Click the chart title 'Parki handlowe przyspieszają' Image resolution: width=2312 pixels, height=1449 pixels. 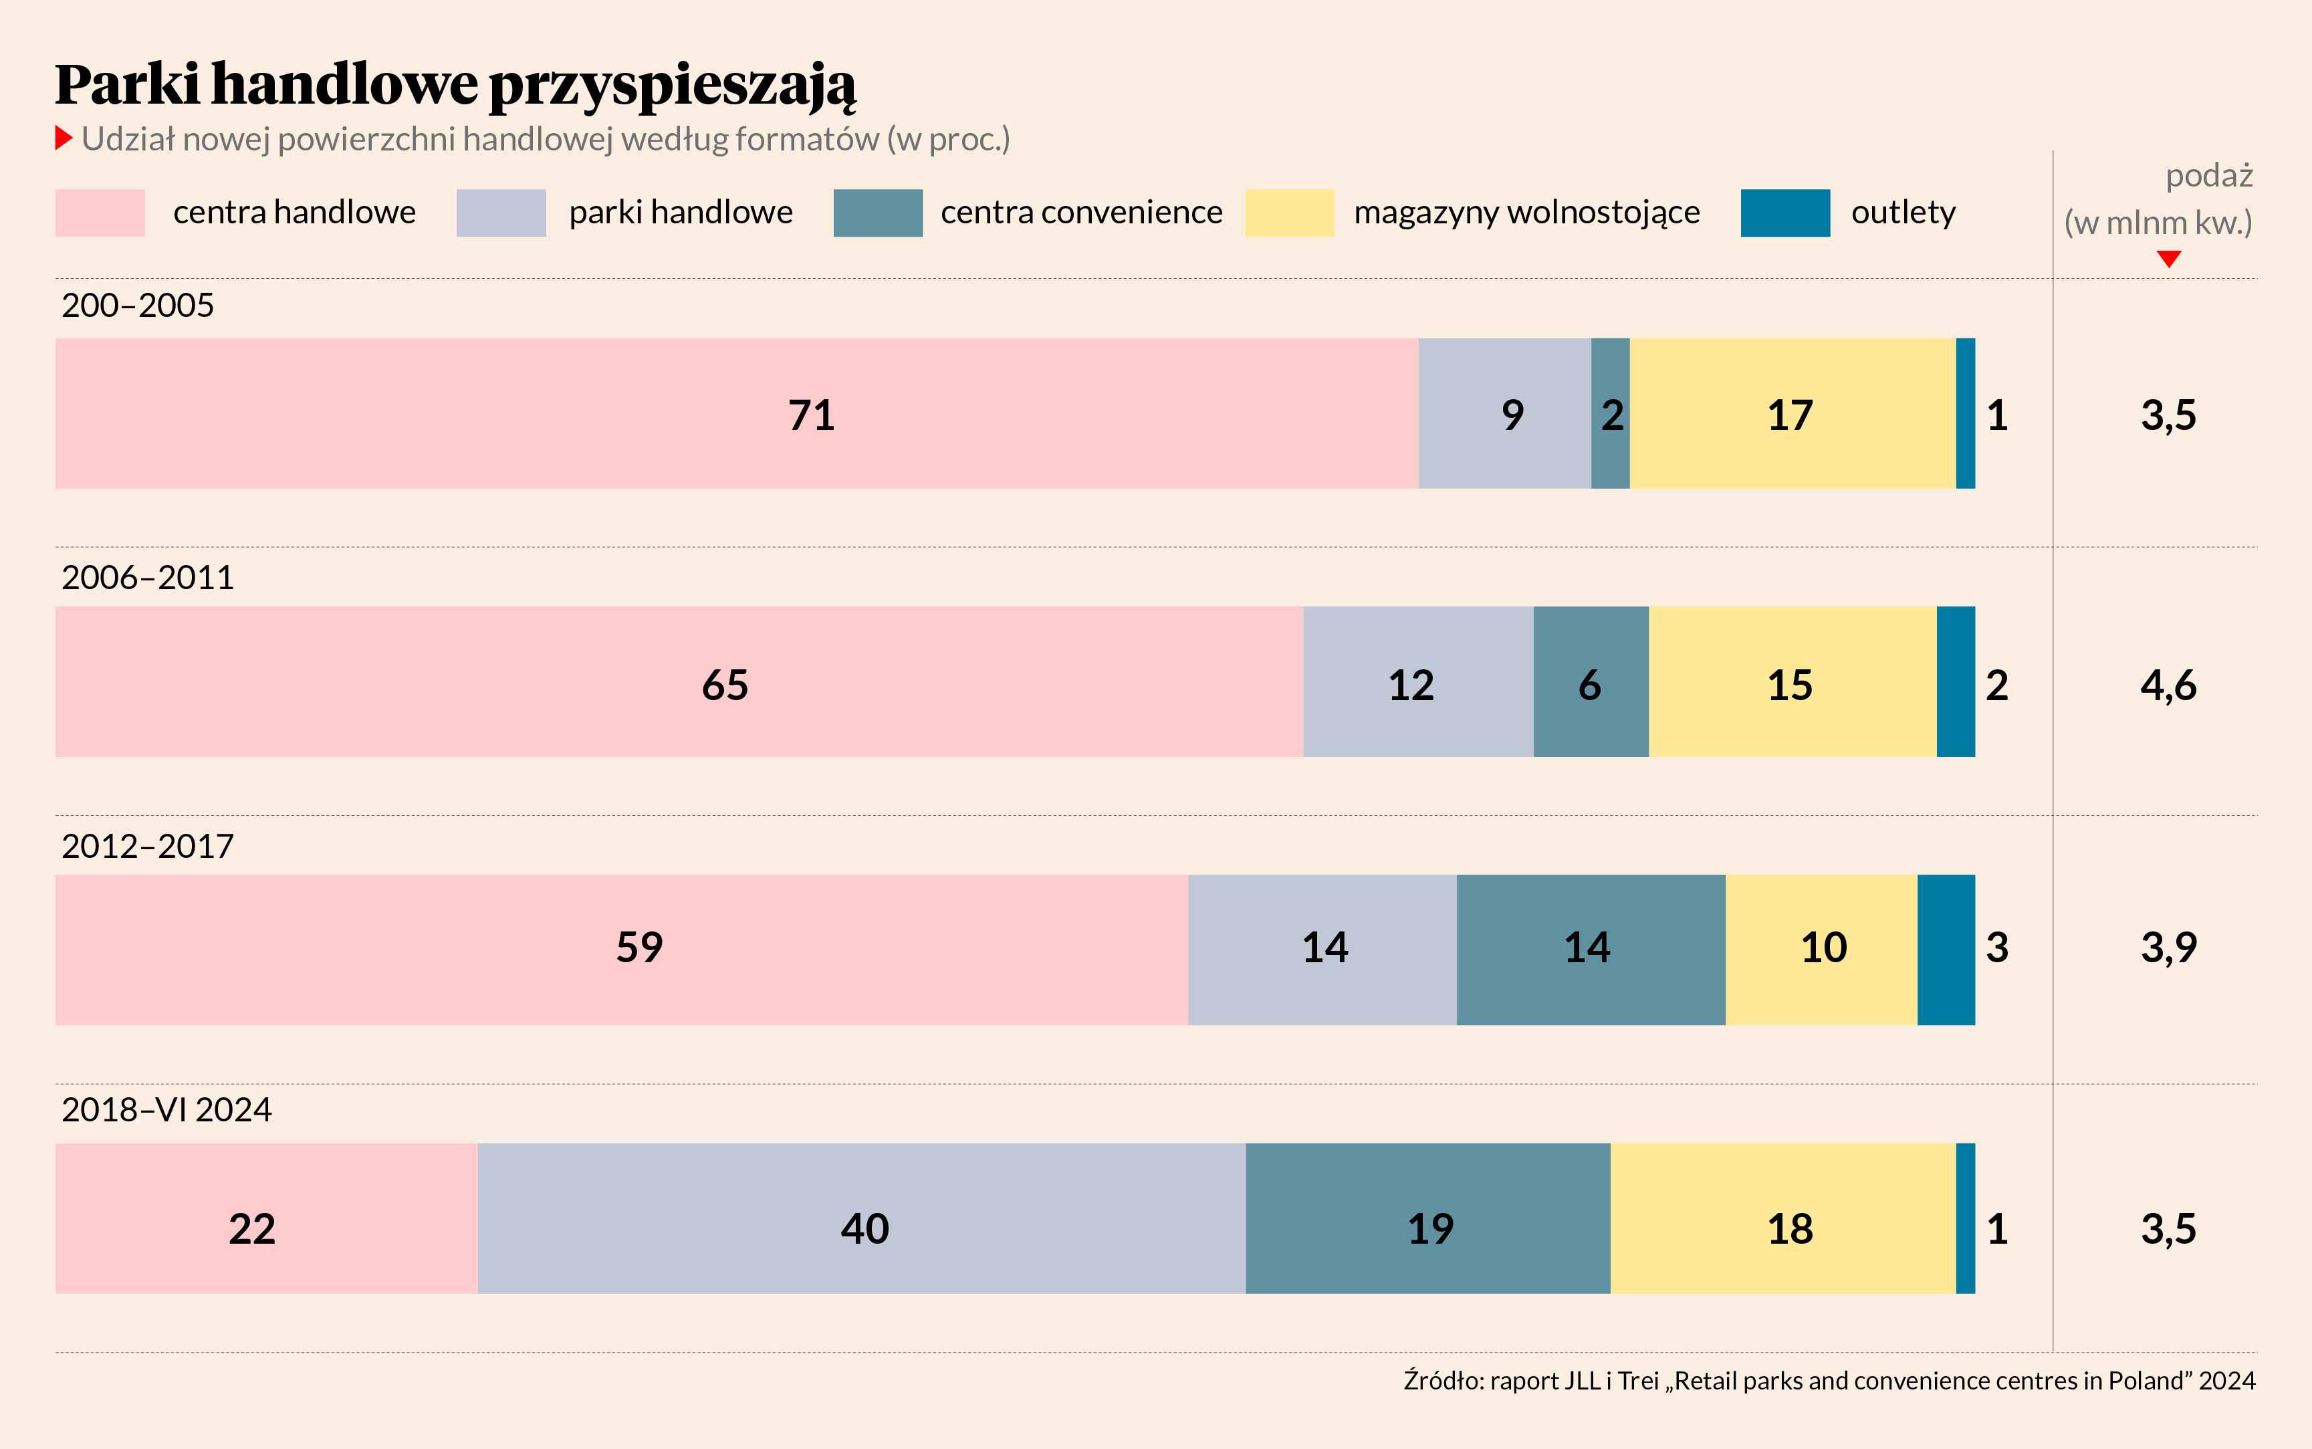pyautogui.click(x=455, y=84)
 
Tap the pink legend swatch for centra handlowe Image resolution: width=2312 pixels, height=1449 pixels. pyautogui.click(x=100, y=213)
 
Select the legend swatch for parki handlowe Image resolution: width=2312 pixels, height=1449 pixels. pyautogui.click(x=500, y=213)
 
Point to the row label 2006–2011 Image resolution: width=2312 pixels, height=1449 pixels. pyautogui.click(x=148, y=578)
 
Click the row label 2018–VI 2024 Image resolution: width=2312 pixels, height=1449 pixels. pyautogui.click(x=166, y=1110)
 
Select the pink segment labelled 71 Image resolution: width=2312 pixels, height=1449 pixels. pyautogui.click(x=736, y=413)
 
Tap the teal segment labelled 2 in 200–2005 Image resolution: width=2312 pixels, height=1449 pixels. pyautogui.click(x=1610, y=413)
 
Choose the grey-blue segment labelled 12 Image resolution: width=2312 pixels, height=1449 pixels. pyautogui.click(x=1417, y=681)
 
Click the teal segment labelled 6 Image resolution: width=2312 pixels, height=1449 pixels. pyautogui.click(x=1591, y=681)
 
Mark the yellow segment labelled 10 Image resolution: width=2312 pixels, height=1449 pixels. pyautogui.click(x=1821, y=950)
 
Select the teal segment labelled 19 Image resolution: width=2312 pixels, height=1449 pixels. pyautogui.click(x=1427, y=1218)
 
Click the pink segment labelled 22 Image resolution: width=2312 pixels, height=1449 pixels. pyautogui.click(x=265, y=1218)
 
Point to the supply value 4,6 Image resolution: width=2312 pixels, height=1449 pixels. pyautogui.click(x=2168, y=685)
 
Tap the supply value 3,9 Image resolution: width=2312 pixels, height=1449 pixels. pyautogui.click(x=2168, y=948)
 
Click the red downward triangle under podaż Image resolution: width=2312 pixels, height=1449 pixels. pyautogui.click(x=2168, y=259)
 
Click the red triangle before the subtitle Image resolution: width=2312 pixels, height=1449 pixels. pyautogui.click(x=64, y=138)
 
